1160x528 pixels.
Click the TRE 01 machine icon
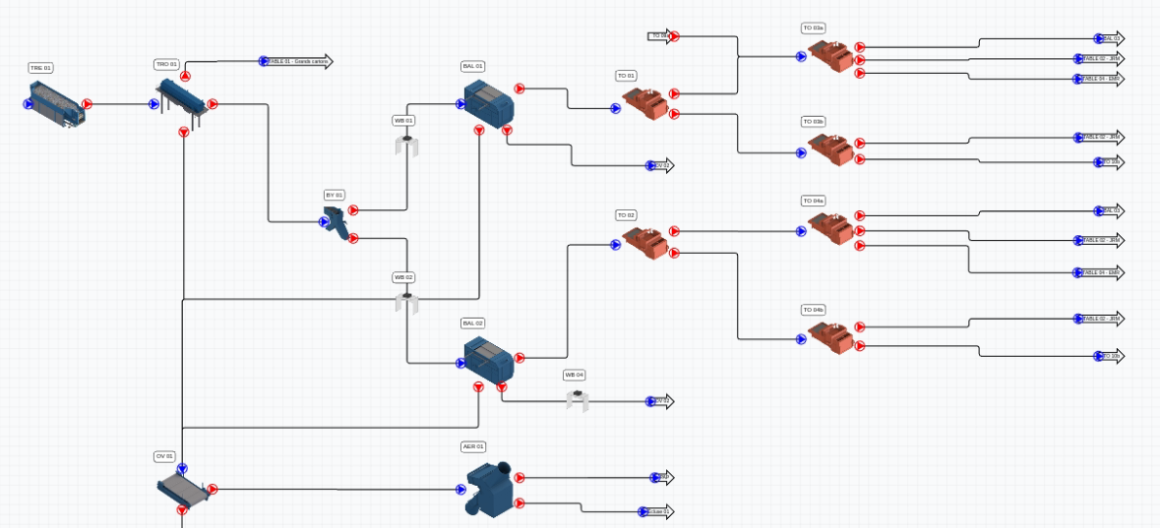click(57, 103)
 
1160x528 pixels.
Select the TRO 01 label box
click(166, 64)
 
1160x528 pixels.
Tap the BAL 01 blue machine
click(489, 101)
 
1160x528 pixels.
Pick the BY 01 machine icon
click(337, 224)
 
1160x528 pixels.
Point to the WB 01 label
click(403, 120)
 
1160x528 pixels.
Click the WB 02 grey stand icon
click(406, 301)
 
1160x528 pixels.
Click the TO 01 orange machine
click(644, 103)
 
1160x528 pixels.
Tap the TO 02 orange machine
click(644, 242)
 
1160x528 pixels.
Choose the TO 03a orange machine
click(830, 55)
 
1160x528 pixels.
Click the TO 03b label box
click(813, 122)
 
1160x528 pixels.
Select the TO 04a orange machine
click(830, 228)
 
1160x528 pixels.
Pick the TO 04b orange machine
click(830, 335)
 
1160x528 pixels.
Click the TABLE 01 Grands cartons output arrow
click(298, 61)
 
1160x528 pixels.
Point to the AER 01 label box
click(473, 446)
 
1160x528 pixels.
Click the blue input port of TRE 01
click(29, 103)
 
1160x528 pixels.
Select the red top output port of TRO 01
click(185, 76)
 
